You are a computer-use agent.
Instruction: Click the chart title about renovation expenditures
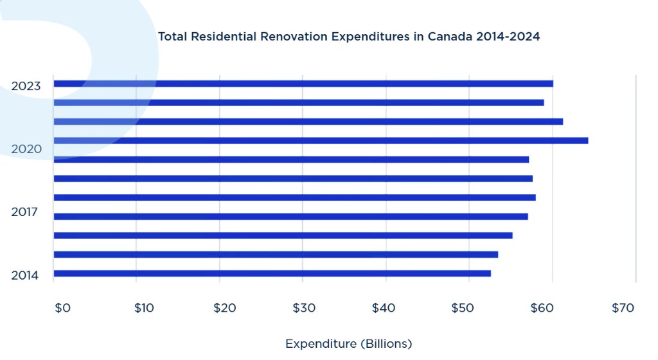coord(348,37)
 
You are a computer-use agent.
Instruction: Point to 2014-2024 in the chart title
coord(508,37)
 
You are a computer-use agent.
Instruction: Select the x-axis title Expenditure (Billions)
coord(348,343)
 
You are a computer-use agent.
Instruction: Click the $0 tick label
coord(62,308)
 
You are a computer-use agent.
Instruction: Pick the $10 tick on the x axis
coord(144,308)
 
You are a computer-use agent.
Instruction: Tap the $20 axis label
coord(224,308)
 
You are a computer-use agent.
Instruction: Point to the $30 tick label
coord(304,308)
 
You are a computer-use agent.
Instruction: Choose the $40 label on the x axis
coord(384,308)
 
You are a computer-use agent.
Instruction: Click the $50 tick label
coord(463,308)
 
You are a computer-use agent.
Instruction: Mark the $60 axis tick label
coord(542,308)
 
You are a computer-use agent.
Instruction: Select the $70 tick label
coord(623,308)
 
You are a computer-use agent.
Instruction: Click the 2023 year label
coord(26,86)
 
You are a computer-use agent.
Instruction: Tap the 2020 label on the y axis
coord(26,149)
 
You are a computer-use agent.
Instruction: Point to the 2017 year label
coord(24,212)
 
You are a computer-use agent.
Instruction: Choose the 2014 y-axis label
coord(25,276)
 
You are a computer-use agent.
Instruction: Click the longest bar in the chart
coord(321,140)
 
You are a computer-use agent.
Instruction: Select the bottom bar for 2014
coord(272,273)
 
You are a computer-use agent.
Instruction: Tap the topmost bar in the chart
coord(303,84)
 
